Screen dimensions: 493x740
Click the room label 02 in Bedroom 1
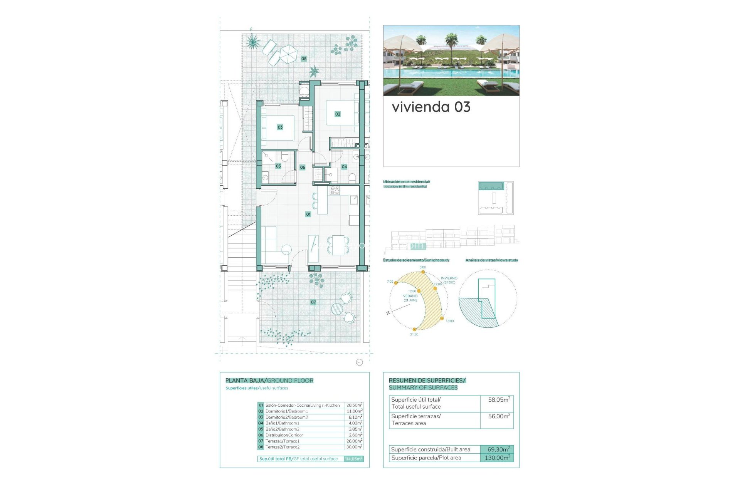coord(338,114)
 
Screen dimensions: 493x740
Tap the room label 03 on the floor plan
coord(280,127)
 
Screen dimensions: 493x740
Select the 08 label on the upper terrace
coord(304,59)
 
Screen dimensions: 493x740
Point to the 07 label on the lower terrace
coord(313,302)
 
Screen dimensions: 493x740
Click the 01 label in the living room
coord(308,214)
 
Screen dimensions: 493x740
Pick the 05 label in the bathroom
coord(278,166)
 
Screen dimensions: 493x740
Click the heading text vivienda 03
coord(431,107)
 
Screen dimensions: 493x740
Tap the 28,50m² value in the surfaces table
coord(354,405)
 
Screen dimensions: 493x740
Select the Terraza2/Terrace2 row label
coord(283,447)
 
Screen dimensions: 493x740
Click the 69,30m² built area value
coord(498,449)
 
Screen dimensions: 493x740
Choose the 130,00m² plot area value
coord(497,458)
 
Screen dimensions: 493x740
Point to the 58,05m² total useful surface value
coord(499,400)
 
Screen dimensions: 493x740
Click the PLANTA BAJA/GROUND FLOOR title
coord(269,381)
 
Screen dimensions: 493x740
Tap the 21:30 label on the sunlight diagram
coord(414,334)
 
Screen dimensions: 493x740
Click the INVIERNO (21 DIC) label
coord(449,280)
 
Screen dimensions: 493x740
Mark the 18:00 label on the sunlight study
coord(450,321)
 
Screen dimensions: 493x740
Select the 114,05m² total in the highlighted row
coord(353,459)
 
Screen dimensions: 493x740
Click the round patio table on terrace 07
coord(337,309)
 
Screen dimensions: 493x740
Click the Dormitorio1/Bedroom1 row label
coord(286,411)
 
